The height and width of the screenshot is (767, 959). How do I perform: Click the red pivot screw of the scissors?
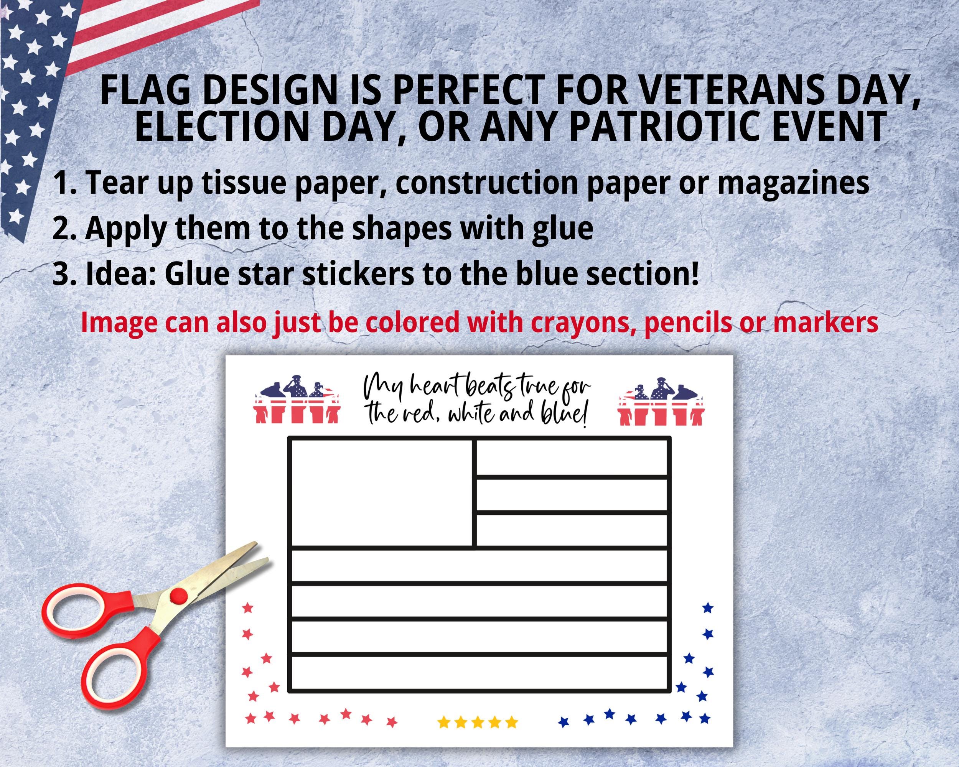pyautogui.click(x=178, y=593)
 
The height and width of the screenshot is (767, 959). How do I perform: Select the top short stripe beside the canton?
pyautogui.click(x=572, y=458)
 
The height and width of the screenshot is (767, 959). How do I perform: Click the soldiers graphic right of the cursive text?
pyautogui.click(x=661, y=402)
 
